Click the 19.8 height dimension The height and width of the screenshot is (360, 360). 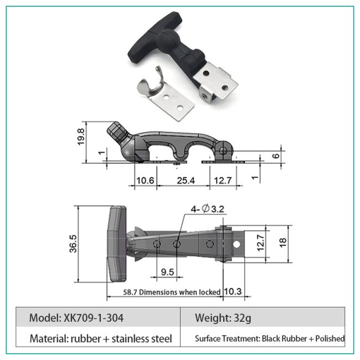81,137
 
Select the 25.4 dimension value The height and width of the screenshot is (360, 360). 186,181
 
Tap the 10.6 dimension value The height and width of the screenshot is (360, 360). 145,181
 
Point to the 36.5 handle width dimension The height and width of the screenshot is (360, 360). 73,244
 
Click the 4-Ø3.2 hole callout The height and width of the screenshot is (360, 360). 207,209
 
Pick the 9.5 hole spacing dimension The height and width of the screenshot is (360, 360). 167,272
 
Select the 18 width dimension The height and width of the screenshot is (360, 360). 283,243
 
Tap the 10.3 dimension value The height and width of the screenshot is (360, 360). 233,291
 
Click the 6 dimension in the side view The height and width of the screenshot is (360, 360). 276,156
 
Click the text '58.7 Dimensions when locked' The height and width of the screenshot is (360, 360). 172,292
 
